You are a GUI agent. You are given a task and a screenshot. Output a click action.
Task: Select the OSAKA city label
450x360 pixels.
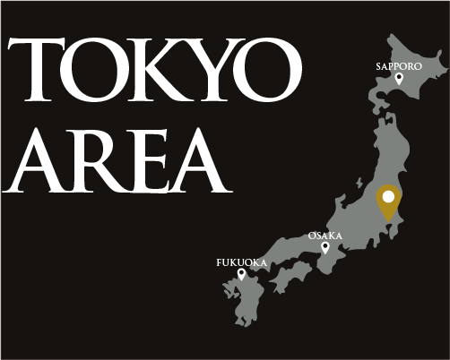click(325, 235)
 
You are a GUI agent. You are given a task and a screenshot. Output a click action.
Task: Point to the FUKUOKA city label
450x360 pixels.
click(241, 262)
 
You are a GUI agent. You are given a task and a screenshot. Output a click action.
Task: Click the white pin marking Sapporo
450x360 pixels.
click(399, 79)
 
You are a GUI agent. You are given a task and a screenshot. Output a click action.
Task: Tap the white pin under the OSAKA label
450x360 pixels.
click(325, 246)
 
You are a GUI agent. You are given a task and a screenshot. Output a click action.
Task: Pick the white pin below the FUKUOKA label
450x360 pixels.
click(241, 274)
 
